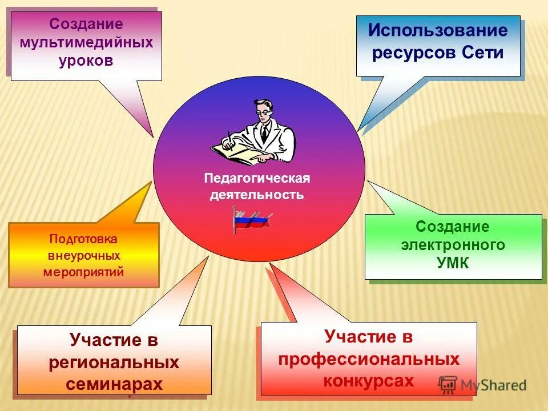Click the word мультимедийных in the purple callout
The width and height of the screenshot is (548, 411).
[86, 43]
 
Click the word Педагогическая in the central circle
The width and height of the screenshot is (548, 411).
[257, 179]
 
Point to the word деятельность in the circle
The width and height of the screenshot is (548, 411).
[257, 195]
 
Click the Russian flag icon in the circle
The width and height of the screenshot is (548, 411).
[252, 220]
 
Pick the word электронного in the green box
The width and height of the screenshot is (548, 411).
[453, 245]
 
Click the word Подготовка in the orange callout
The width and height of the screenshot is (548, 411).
[83, 239]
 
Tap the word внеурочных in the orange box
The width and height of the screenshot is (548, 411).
[83, 255]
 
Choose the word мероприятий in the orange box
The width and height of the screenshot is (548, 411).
[83, 272]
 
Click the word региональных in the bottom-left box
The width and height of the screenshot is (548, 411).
[114, 362]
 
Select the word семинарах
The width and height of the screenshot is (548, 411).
[114, 384]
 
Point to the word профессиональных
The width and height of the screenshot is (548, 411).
[369, 359]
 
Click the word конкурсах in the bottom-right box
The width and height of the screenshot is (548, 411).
[369, 380]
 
